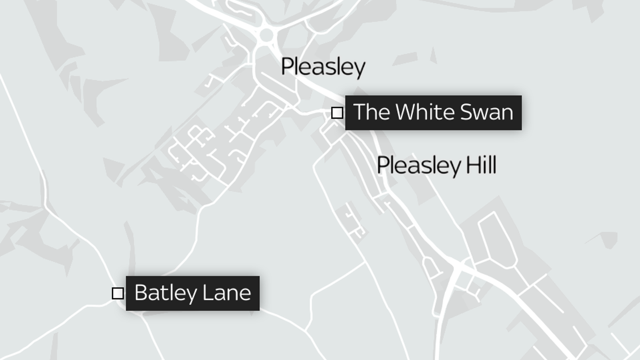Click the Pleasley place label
[x=323, y=66]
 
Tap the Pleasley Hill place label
[x=436, y=165]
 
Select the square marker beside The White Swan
[x=337, y=113]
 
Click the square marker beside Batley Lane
[x=118, y=293]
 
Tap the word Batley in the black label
[x=166, y=293]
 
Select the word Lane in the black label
[x=227, y=293]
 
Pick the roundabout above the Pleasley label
[x=266, y=35]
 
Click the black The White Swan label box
[x=433, y=112]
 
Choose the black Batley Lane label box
[x=192, y=293]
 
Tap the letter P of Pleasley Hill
[x=383, y=165]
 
